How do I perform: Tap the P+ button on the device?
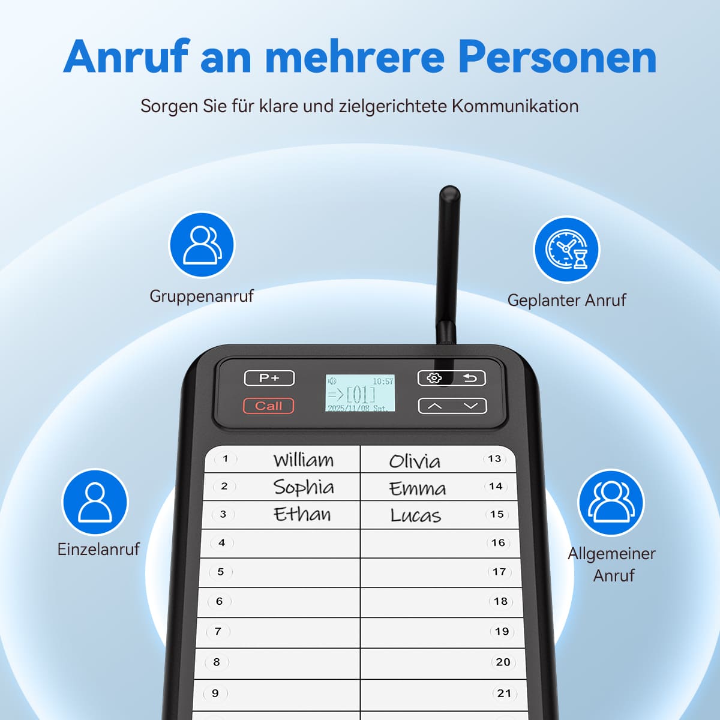click(269, 378)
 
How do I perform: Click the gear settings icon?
click(434, 378)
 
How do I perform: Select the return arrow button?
click(470, 378)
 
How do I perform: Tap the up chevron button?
click(434, 406)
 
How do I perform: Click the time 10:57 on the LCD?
click(383, 382)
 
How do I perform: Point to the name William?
click(303, 460)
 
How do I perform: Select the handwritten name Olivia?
click(415, 461)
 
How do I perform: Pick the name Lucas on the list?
click(415, 515)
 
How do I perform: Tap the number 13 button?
click(494, 458)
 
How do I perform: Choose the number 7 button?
click(218, 631)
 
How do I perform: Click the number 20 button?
click(503, 662)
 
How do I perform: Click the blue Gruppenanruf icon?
click(202, 245)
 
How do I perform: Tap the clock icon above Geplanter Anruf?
click(566, 250)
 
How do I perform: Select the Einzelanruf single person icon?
click(95, 502)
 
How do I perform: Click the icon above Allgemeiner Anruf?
click(611, 503)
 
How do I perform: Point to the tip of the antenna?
click(450, 187)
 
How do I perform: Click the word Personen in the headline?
click(557, 57)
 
